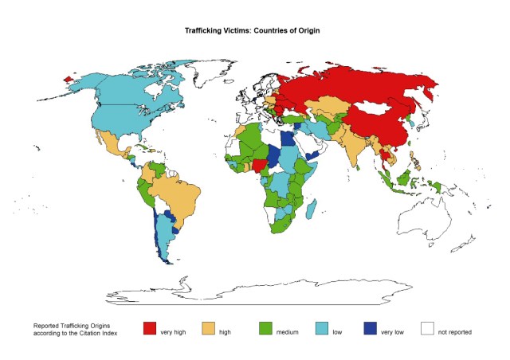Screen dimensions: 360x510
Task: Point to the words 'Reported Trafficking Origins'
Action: coord(73,326)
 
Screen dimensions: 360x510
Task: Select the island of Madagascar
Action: coord(309,208)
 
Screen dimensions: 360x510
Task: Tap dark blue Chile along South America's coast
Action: coord(159,239)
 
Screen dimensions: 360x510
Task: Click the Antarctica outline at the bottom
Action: coord(263,294)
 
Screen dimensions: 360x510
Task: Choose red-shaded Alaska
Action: coord(70,80)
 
